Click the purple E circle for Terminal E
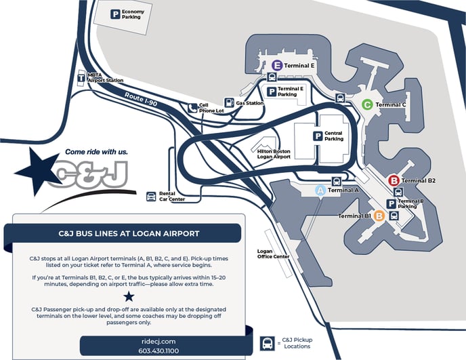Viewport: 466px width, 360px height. pyautogui.click(x=276, y=65)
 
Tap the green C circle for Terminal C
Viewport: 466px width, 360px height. pyautogui.click(x=366, y=105)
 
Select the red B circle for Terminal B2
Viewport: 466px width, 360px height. pyautogui.click(x=394, y=180)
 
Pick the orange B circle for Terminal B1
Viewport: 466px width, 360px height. pyautogui.click(x=379, y=216)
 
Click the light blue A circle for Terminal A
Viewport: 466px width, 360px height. pyautogui.click(x=322, y=191)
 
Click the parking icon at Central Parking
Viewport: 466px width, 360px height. pyautogui.click(x=316, y=136)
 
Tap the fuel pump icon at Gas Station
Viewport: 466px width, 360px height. pyautogui.click(x=230, y=103)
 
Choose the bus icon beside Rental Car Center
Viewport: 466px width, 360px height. pyautogui.click(x=150, y=197)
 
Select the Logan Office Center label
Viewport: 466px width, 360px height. pyautogui.click(x=274, y=253)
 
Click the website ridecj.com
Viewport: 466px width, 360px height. pyautogui.click(x=160, y=341)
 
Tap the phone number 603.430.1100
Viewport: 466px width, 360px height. pyautogui.click(x=160, y=351)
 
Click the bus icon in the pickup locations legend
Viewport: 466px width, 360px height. pyautogui.click(x=268, y=342)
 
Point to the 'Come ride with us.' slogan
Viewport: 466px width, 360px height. pyautogui.click(x=96, y=152)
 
